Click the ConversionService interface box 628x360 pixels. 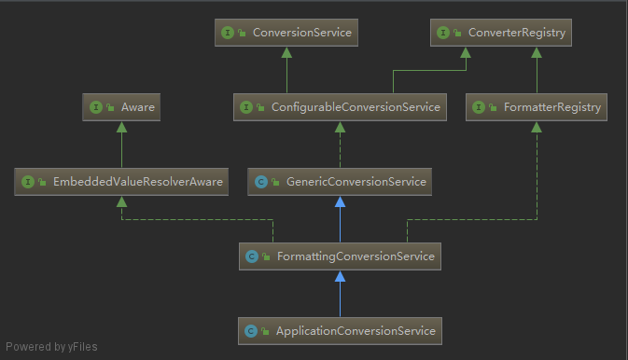(x=286, y=34)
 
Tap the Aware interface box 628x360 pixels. (x=121, y=108)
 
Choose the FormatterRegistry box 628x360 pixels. (x=536, y=108)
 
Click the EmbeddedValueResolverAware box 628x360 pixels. (x=121, y=182)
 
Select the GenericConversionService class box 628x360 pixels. (x=340, y=182)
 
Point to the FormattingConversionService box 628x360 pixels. (x=340, y=256)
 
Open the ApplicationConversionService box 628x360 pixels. (x=340, y=330)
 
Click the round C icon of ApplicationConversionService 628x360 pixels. (x=251, y=331)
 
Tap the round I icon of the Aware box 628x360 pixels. (x=96, y=108)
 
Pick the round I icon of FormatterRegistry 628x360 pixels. (x=479, y=108)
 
